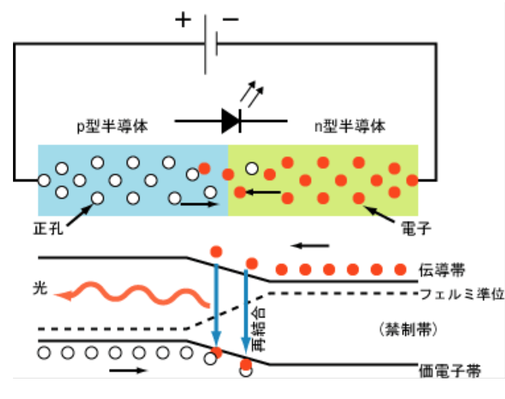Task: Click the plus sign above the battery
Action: point(183,20)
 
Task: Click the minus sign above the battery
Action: point(231,20)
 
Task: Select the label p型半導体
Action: point(112,126)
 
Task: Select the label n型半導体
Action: point(350,126)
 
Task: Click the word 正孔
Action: point(48,229)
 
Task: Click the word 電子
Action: point(416,229)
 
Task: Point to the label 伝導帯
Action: point(442,270)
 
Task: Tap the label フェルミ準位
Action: point(462,294)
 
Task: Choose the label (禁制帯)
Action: point(408,330)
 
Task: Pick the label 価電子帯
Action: point(450,371)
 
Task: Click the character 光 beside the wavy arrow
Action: point(40,288)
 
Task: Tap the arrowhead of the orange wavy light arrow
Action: point(63,295)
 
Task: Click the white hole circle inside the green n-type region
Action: point(252,169)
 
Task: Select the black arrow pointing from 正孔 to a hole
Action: point(80,215)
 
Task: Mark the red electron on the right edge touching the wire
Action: point(412,181)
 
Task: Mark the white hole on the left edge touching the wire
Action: point(44,181)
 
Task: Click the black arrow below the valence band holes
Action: point(128,371)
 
